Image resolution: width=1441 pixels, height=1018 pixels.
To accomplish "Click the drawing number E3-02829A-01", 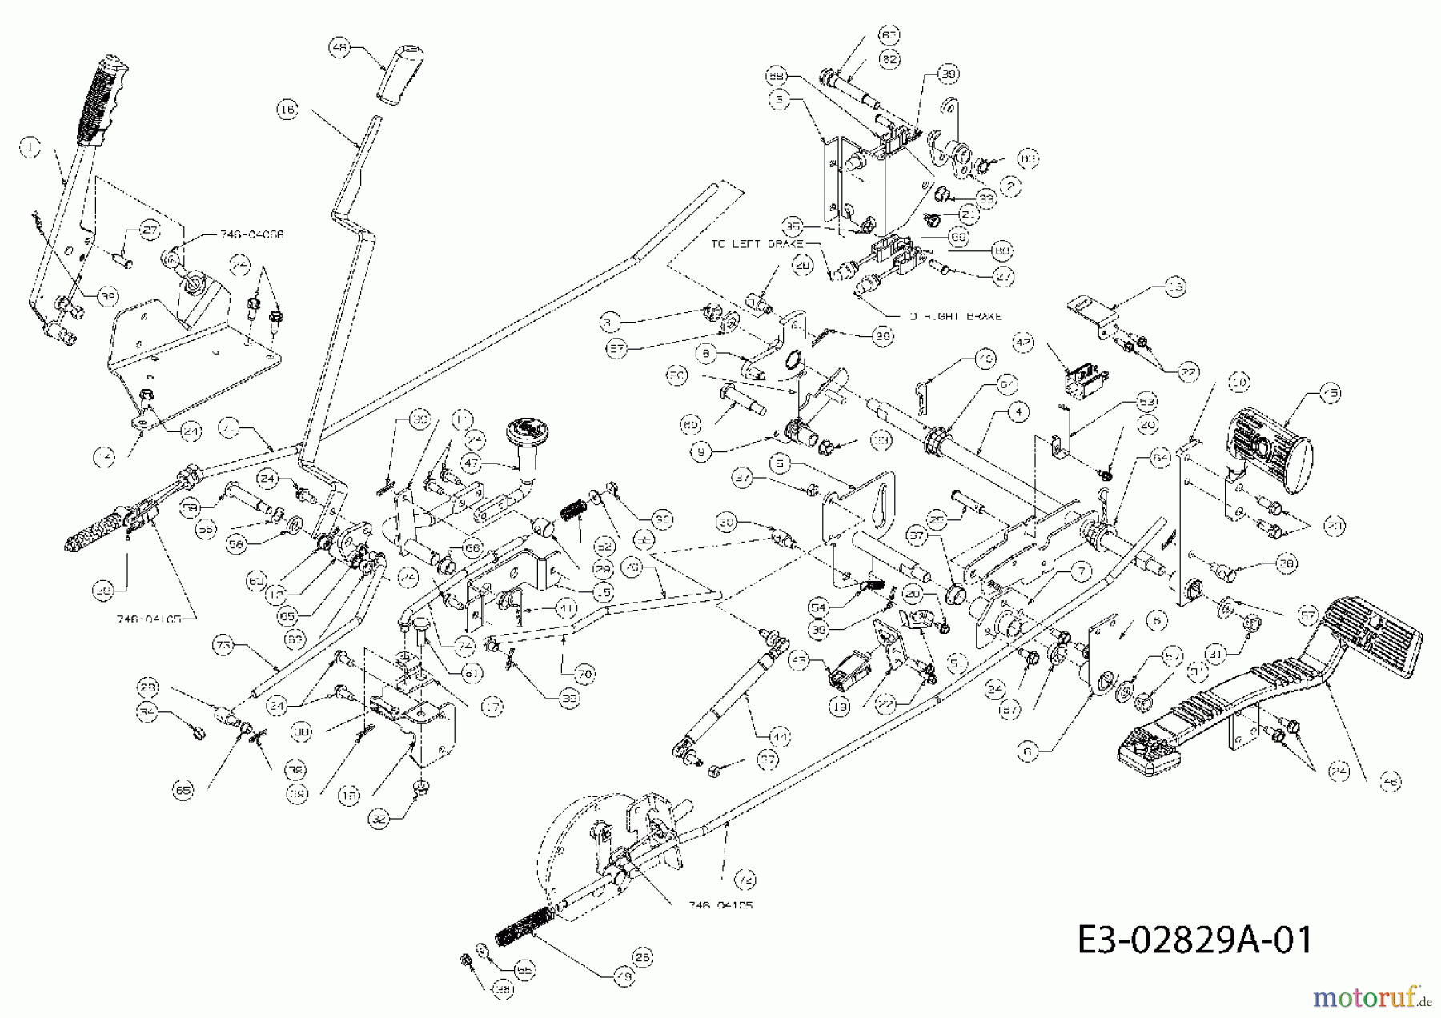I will pos(1194,939).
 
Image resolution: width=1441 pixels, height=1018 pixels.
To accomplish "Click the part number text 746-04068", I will pos(251,235).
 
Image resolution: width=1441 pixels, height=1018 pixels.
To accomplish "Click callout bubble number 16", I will pos(287,110).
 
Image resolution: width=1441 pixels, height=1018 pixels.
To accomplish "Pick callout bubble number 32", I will pos(380,819).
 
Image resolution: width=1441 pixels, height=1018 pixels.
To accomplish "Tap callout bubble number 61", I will pos(472,674).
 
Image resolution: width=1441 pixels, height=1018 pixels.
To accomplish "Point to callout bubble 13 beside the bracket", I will pos(1175,287).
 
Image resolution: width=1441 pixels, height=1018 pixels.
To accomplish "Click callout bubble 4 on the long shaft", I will pos(1018,412).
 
